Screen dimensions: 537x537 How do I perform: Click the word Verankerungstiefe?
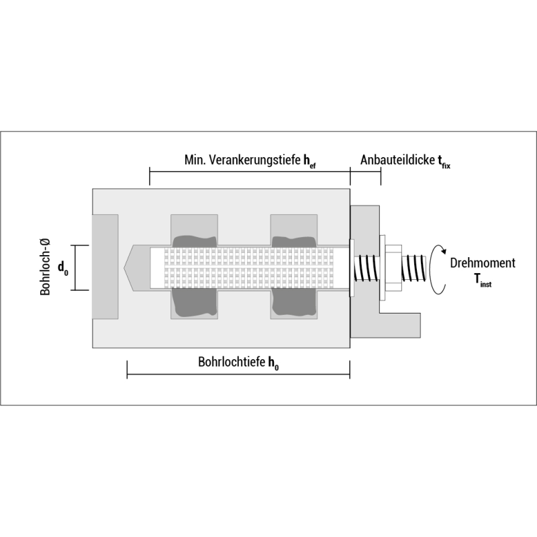click(x=254, y=160)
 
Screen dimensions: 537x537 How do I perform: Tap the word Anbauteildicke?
click(x=397, y=160)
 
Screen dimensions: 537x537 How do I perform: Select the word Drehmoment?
click(x=483, y=263)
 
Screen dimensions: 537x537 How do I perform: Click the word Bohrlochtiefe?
click(x=232, y=362)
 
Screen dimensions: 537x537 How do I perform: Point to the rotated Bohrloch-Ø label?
click(x=45, y=266)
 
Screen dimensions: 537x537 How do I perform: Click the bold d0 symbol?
click(x=63, y=267)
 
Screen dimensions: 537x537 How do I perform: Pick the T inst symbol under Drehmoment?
click(x=483, y=280)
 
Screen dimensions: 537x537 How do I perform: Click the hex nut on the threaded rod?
click(x=393, y=268)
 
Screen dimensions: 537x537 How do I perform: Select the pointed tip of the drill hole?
click(x=124, y=268)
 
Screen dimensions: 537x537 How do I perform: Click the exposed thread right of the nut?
click(x=414, y=268)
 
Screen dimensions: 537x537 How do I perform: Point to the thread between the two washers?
click(x=367, y=268)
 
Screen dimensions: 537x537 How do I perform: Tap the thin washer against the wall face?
click(x=352, y=268)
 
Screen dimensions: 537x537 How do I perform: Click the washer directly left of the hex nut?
click(x=383, y=268)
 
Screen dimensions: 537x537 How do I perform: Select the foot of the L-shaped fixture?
click(x=400, y=325)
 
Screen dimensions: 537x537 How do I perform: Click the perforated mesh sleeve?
click(x=248, y=268)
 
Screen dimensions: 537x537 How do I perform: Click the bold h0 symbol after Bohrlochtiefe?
click(x=273, y=363)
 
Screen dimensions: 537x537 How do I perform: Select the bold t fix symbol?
click(x=444, y=161)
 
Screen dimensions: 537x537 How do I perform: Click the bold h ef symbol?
click(x=309, y=161)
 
